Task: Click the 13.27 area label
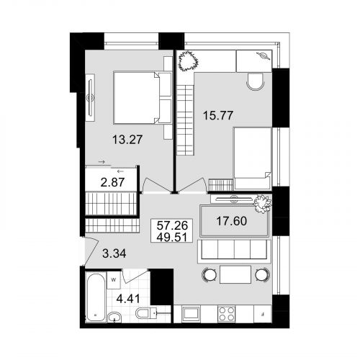(127, 140)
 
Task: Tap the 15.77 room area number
(218, 115)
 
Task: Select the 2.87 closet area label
(112, 182)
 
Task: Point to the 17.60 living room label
(232, 221)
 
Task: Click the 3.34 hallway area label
(114, 253)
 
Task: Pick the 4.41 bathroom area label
(128, 299)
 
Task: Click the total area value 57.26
(172, 225)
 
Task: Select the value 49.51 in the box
(171, 238)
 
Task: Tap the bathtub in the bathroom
(96, 297)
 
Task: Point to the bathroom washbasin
(114, 318)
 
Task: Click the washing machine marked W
(114, 280)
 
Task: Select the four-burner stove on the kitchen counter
(227, 314)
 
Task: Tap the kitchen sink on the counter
(191, 314)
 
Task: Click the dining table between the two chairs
(235, 274)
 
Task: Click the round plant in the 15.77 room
(188, 60)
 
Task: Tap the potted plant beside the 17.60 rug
(263, 204)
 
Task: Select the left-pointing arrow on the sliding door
(120, 171)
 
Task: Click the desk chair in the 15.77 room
(256, 81)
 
